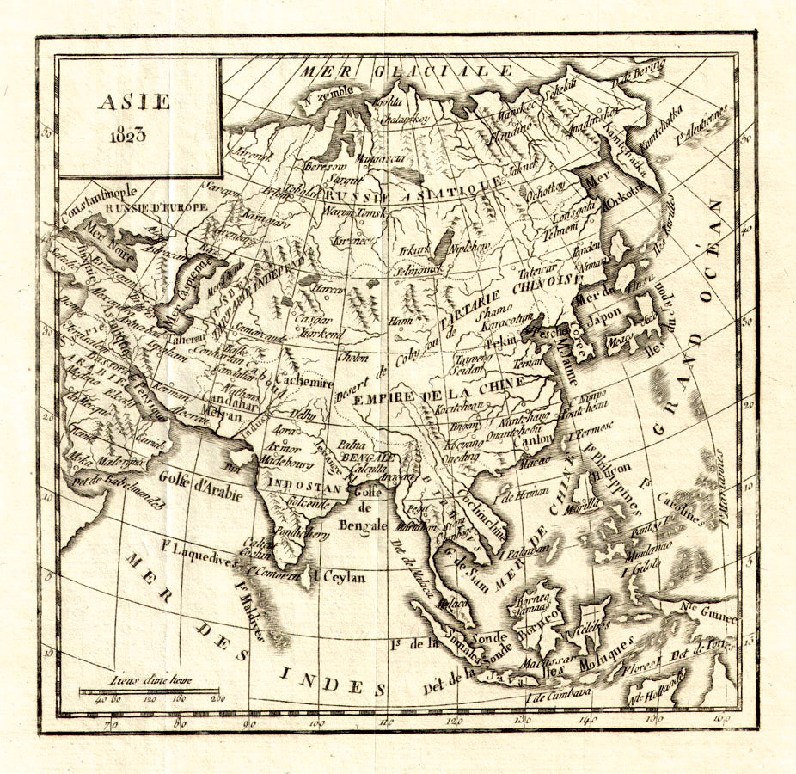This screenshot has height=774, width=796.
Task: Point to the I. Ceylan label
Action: tap(339, 577)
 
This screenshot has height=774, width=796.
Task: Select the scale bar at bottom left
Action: tap(148, 691)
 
